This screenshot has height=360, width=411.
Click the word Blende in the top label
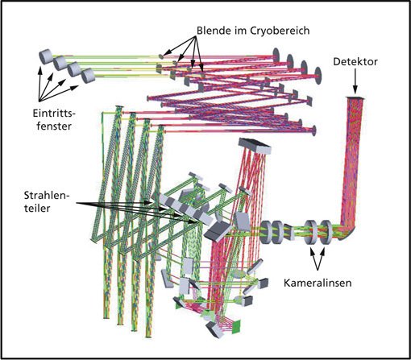[x=214, y=31]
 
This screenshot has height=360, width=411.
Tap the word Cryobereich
[x=280, y=31]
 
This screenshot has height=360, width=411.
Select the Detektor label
[x=355, y=62]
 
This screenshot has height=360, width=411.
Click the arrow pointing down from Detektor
[x=355, y=81]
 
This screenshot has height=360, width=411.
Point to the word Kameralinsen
[x=318, y=283]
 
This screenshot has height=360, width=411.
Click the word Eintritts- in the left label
[x=54, y=114]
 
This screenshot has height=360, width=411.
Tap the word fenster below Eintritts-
[x=54, y=126]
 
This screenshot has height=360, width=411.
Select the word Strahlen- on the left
[x=47, y=195]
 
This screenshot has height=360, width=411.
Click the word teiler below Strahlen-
[x=37, y=208]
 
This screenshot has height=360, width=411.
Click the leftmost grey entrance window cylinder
[x=45, y=56]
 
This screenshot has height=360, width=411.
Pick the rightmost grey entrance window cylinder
[x=88, y=76]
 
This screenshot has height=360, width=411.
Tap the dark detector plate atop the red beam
[x=355, y=98]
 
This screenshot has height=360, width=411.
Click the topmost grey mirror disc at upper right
[x=276, y=55]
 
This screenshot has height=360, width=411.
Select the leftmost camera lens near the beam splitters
[x=266, y=232]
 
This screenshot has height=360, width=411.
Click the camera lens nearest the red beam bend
[x=326, y=232]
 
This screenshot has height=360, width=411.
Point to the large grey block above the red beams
[x=255, y=145]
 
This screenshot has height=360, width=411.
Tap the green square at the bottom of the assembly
[x=236, y=326]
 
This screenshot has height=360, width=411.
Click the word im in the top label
[x=240, y=31]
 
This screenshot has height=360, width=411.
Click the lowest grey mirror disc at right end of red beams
[x=313, y=130]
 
